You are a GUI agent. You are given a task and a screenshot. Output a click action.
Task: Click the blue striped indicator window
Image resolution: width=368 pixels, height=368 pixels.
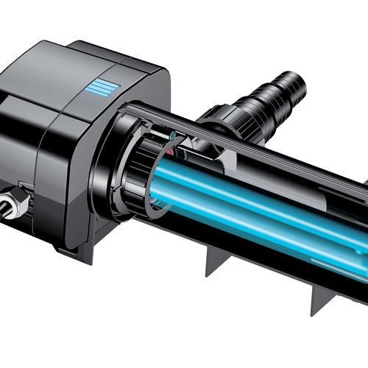pos(100,89)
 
